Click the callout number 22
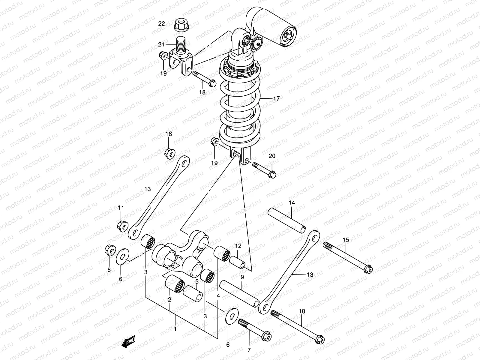coord(162,24)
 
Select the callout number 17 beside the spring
coord(276,98)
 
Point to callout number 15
coord(346,240)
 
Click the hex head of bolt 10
coord(319,339)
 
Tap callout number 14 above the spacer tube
coord(292,203)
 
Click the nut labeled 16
coord(169,152)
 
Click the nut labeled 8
coord(109,250)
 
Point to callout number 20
coord(272,156)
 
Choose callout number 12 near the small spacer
coord(238,246)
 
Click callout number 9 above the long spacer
coord(242,277)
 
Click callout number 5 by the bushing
coord(197,282)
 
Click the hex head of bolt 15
coord(368,269)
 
